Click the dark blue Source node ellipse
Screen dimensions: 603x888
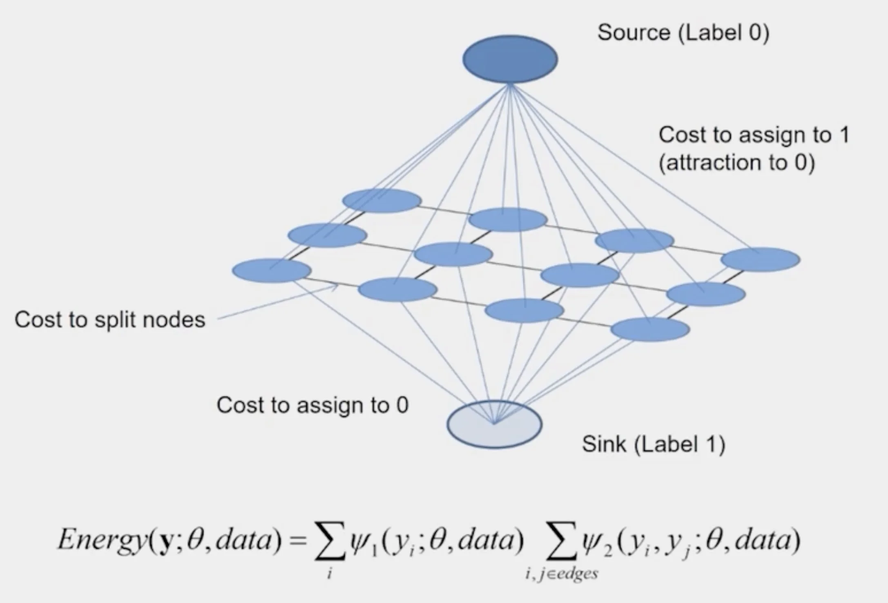pos(510,59)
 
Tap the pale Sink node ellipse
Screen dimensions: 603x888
pos(494,424)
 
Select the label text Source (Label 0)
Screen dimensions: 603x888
pos(683,33)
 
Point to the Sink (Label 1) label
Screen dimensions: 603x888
pos(653,444)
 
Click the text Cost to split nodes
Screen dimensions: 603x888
pos(110,319)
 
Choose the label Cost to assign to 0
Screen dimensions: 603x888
pos(312,405)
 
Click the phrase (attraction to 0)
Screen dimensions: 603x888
pos(736,163)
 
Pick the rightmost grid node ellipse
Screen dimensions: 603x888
pos(760,259)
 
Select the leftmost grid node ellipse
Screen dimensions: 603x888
pos(272,270)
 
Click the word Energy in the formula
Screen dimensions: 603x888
pos(102,540)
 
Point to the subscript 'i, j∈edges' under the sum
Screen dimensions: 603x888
pos(562,574)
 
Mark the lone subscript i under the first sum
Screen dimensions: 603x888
pos(329,574)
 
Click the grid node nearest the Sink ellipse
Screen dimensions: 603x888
pos(524,310)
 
